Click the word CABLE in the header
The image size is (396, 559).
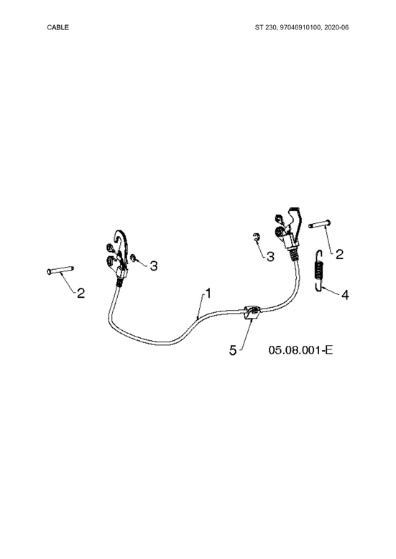click(x=57, y=27)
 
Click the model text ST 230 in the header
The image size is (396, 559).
click(x=264, y=27)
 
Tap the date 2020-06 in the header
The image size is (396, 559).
click(x=336, y=27)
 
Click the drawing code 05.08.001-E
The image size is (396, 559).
click(x=300, y=349)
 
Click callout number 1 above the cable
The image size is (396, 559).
click(x=208, y=293)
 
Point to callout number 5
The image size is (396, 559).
click(x=233, y=350)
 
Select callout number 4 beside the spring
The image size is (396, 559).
click(x=345, y=295)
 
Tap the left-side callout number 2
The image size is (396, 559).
click(x=81, y=293)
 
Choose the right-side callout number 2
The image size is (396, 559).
click(x=339, y=254)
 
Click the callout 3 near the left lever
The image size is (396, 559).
click(x=154, y=266)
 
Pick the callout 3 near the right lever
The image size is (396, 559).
click(x=270, y=256)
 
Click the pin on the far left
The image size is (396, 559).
click(x=60, y=270)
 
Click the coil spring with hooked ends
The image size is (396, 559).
click(x=319, y=271)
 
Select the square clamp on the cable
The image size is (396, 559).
click(x=252, y=313)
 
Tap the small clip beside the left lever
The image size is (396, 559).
click(x=133, y=258)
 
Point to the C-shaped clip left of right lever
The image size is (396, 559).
click(x=256, y=237)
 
